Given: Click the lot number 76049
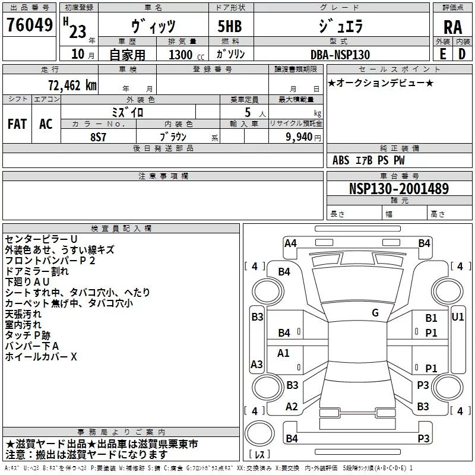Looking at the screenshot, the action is tap(29, 26).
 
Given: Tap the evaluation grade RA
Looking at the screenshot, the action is tap(452, 27).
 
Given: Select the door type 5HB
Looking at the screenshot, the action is tap(230, 27).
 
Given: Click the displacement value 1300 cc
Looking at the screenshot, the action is tap(183, 55).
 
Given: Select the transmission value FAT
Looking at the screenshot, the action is tap(17, 123).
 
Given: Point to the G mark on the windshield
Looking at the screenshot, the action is tap(375, 312).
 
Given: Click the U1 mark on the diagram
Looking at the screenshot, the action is tap(457, 317).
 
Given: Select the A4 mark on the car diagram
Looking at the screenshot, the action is tap(290, 243).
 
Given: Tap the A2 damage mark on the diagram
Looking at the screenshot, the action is tap(291, 406).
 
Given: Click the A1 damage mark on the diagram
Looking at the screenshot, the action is tap(284, 353).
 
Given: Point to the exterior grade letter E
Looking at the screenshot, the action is tap(443, 54).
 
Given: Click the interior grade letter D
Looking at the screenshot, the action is tap(462, 54).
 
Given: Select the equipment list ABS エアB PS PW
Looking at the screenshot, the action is tap(369, 160).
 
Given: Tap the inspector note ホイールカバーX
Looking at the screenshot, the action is tap(41, 357).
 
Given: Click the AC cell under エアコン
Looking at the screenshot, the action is tap(46, 123).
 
